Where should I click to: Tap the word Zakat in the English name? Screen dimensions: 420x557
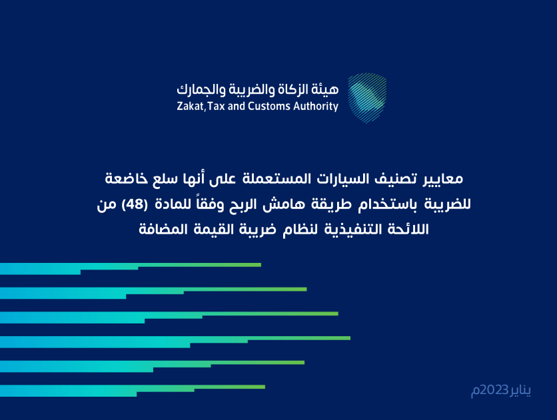(x=191, y=106)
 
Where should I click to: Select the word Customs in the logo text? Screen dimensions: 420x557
(x=269, y=106)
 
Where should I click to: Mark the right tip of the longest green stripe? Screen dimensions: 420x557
(x=349, y=338)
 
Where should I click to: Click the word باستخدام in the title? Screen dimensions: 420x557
(x=396, y=204)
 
